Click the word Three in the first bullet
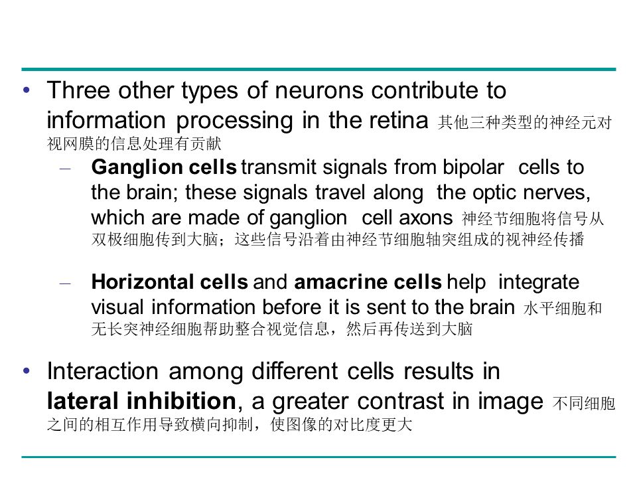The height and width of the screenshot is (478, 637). pyautogui.click(x=78, y=90)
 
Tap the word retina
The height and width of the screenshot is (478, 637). pyautogui.click(x=399, y=120)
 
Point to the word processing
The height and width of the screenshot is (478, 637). pyautogui.click(x=234, y=121)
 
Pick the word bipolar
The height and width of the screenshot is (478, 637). pyautogui.click(x=473, y=167)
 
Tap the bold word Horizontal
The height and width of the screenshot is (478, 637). pyautogui.click(x=143, y=281)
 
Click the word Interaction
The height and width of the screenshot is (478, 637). pyautogui.click(x=102, y=371)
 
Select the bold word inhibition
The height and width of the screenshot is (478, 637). pyautogui.click(x=182, y=401)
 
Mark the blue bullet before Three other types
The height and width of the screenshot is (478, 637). pyautogui.click(x=27, y=90)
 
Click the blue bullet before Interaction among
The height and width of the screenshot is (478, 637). pyautogui.click(x=27, y=370)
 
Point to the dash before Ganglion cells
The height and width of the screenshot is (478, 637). pyautogui.click(x=65, y=168)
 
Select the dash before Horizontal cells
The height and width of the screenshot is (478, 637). pyautogui.click(x=65, y=283)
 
